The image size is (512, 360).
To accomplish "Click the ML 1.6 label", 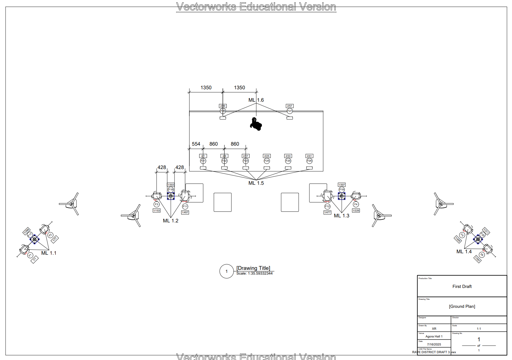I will coord(256,100).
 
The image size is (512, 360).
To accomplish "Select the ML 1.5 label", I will coord(256,183).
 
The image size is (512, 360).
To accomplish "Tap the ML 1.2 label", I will coord(171,221).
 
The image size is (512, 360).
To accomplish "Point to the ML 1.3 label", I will coord(341,216).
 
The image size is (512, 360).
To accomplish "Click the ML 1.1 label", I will coord(49,253).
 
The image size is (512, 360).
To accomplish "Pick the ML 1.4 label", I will coord(464,252).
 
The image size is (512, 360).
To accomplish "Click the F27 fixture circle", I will coord(289,111).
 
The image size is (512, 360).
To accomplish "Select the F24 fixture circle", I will coord(267,161).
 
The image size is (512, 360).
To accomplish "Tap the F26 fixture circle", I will coord(309,161).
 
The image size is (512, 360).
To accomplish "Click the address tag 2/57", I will coord(289,106).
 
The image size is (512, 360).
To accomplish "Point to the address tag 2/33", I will coord(288,156).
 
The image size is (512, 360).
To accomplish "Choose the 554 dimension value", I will coord(196,144).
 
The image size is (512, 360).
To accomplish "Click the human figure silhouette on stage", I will coord(255,124).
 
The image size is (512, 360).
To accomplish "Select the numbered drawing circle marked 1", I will coord(227,271).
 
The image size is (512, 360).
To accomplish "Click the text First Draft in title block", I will coord(462,286).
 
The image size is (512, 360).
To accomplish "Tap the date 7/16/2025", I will coord(434,344).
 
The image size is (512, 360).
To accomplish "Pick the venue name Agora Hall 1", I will coord(434,337).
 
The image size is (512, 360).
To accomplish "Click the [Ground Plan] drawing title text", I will coord(462,307).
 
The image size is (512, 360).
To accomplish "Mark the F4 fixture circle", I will coord(356,204).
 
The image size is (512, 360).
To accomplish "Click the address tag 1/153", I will coord(156,211).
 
